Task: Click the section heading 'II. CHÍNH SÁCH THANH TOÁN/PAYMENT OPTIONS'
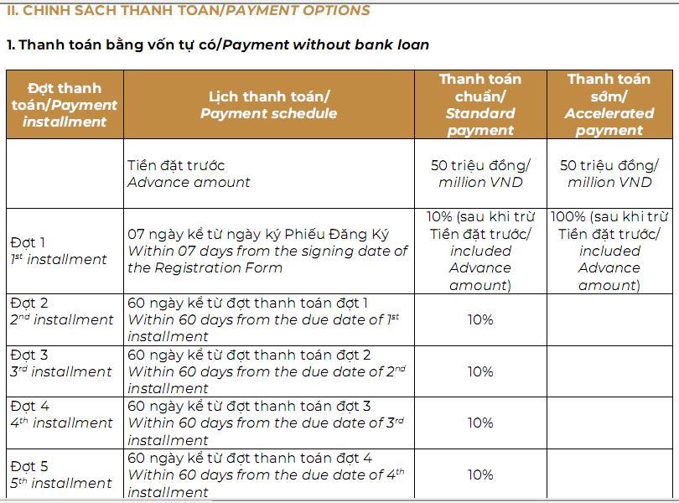tap(189, 11)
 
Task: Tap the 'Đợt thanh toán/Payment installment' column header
tap(65, 105)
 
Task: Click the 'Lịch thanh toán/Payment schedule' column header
tap(268, 105)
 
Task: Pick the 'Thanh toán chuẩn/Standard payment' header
tap(479, 105)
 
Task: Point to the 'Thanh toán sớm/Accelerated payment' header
tap(609, 105)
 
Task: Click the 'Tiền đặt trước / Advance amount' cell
tap(189, 174)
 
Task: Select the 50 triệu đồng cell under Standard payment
tap(479, 174)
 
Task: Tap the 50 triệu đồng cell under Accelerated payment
tap(609, 174)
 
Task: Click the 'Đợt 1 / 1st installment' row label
tap(59, 251)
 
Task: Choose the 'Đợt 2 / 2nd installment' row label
tap(61, 311)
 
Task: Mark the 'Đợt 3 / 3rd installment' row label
tap(60, 363)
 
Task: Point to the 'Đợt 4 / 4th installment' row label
tap(60, 414)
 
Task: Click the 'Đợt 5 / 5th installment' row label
tap(60, 474)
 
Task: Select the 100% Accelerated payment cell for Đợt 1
tap(609, 251)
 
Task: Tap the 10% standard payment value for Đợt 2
tap(479, 319)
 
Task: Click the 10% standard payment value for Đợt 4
tap(479, 423)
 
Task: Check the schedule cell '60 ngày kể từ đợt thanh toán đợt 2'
tap(267, 371)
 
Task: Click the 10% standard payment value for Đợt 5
tap(479, 474)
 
